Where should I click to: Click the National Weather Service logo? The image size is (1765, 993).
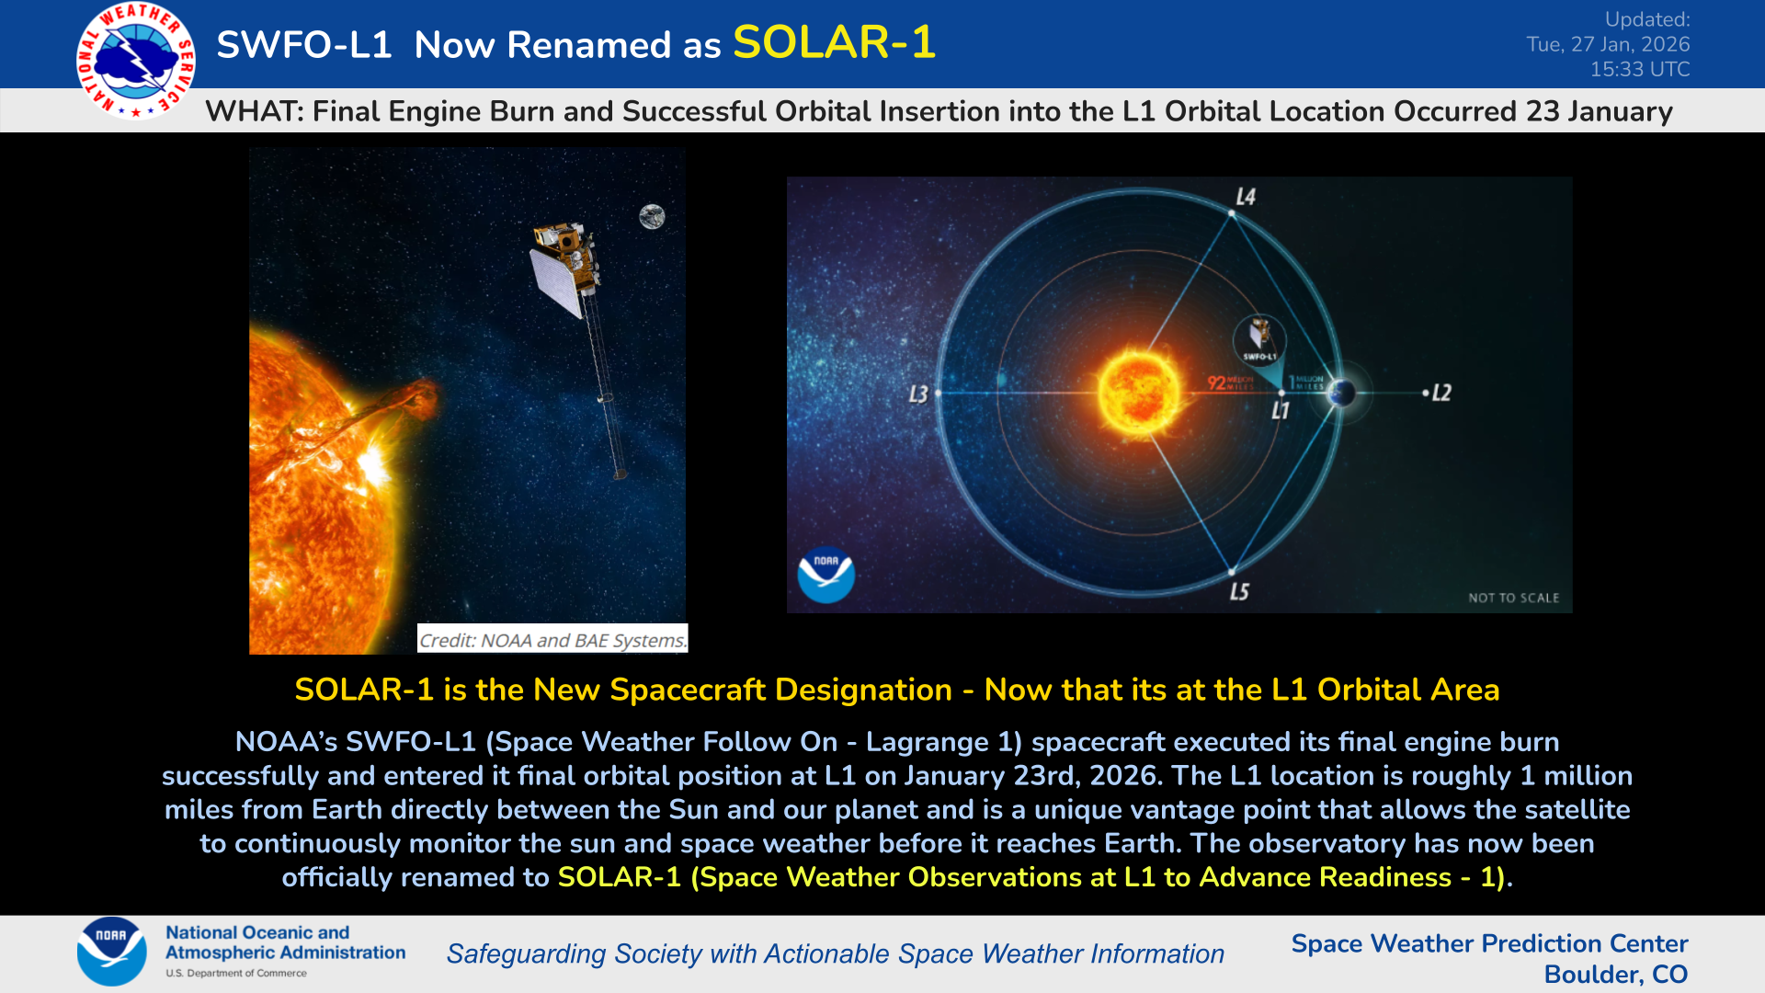[x=136, y=61]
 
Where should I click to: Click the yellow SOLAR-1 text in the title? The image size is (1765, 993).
[x=834, y=42]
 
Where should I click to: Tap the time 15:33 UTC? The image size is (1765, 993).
[x=1639, y=69]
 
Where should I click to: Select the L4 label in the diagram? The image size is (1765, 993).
[x=1245, y=197]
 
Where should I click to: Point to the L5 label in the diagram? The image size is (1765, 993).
[x=1239, y=591]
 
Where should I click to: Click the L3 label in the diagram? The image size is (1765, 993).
[x=917, y=394]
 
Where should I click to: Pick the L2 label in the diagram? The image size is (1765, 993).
[x=1440, y=393]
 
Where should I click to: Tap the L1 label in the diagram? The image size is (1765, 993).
[x=1280, y=411]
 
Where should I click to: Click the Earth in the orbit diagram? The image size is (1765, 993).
[x=1342, y=393]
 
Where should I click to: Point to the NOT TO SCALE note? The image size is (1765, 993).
[x=1513, y=598]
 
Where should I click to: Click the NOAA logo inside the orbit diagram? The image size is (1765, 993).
[x=826, y=575]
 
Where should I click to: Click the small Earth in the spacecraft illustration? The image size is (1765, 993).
[x=652, y=217]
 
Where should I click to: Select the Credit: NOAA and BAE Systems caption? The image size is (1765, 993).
[x=552, y=640]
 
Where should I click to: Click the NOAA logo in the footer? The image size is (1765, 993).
[x=111, y=952]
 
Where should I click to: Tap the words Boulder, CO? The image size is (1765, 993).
[x=1615, y=974]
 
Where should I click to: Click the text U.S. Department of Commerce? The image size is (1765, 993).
[x=236, y=973]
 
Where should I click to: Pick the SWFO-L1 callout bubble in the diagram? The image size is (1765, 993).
[x=1259, y=341]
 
